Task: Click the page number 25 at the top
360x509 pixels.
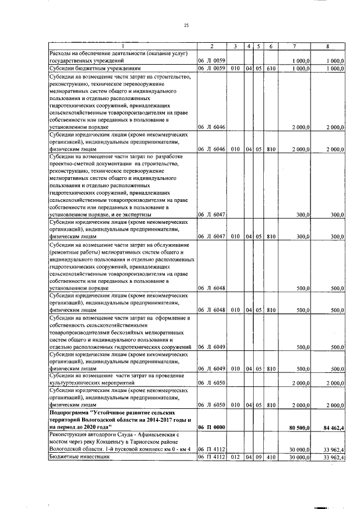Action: (x=186, y=24)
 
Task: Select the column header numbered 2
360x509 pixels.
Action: (x=211, y=46)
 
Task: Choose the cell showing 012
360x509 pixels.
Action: (x=235, y=457)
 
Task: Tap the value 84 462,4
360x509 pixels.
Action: (x=332, y=427)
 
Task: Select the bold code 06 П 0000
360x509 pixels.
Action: (x=211, y=427)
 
